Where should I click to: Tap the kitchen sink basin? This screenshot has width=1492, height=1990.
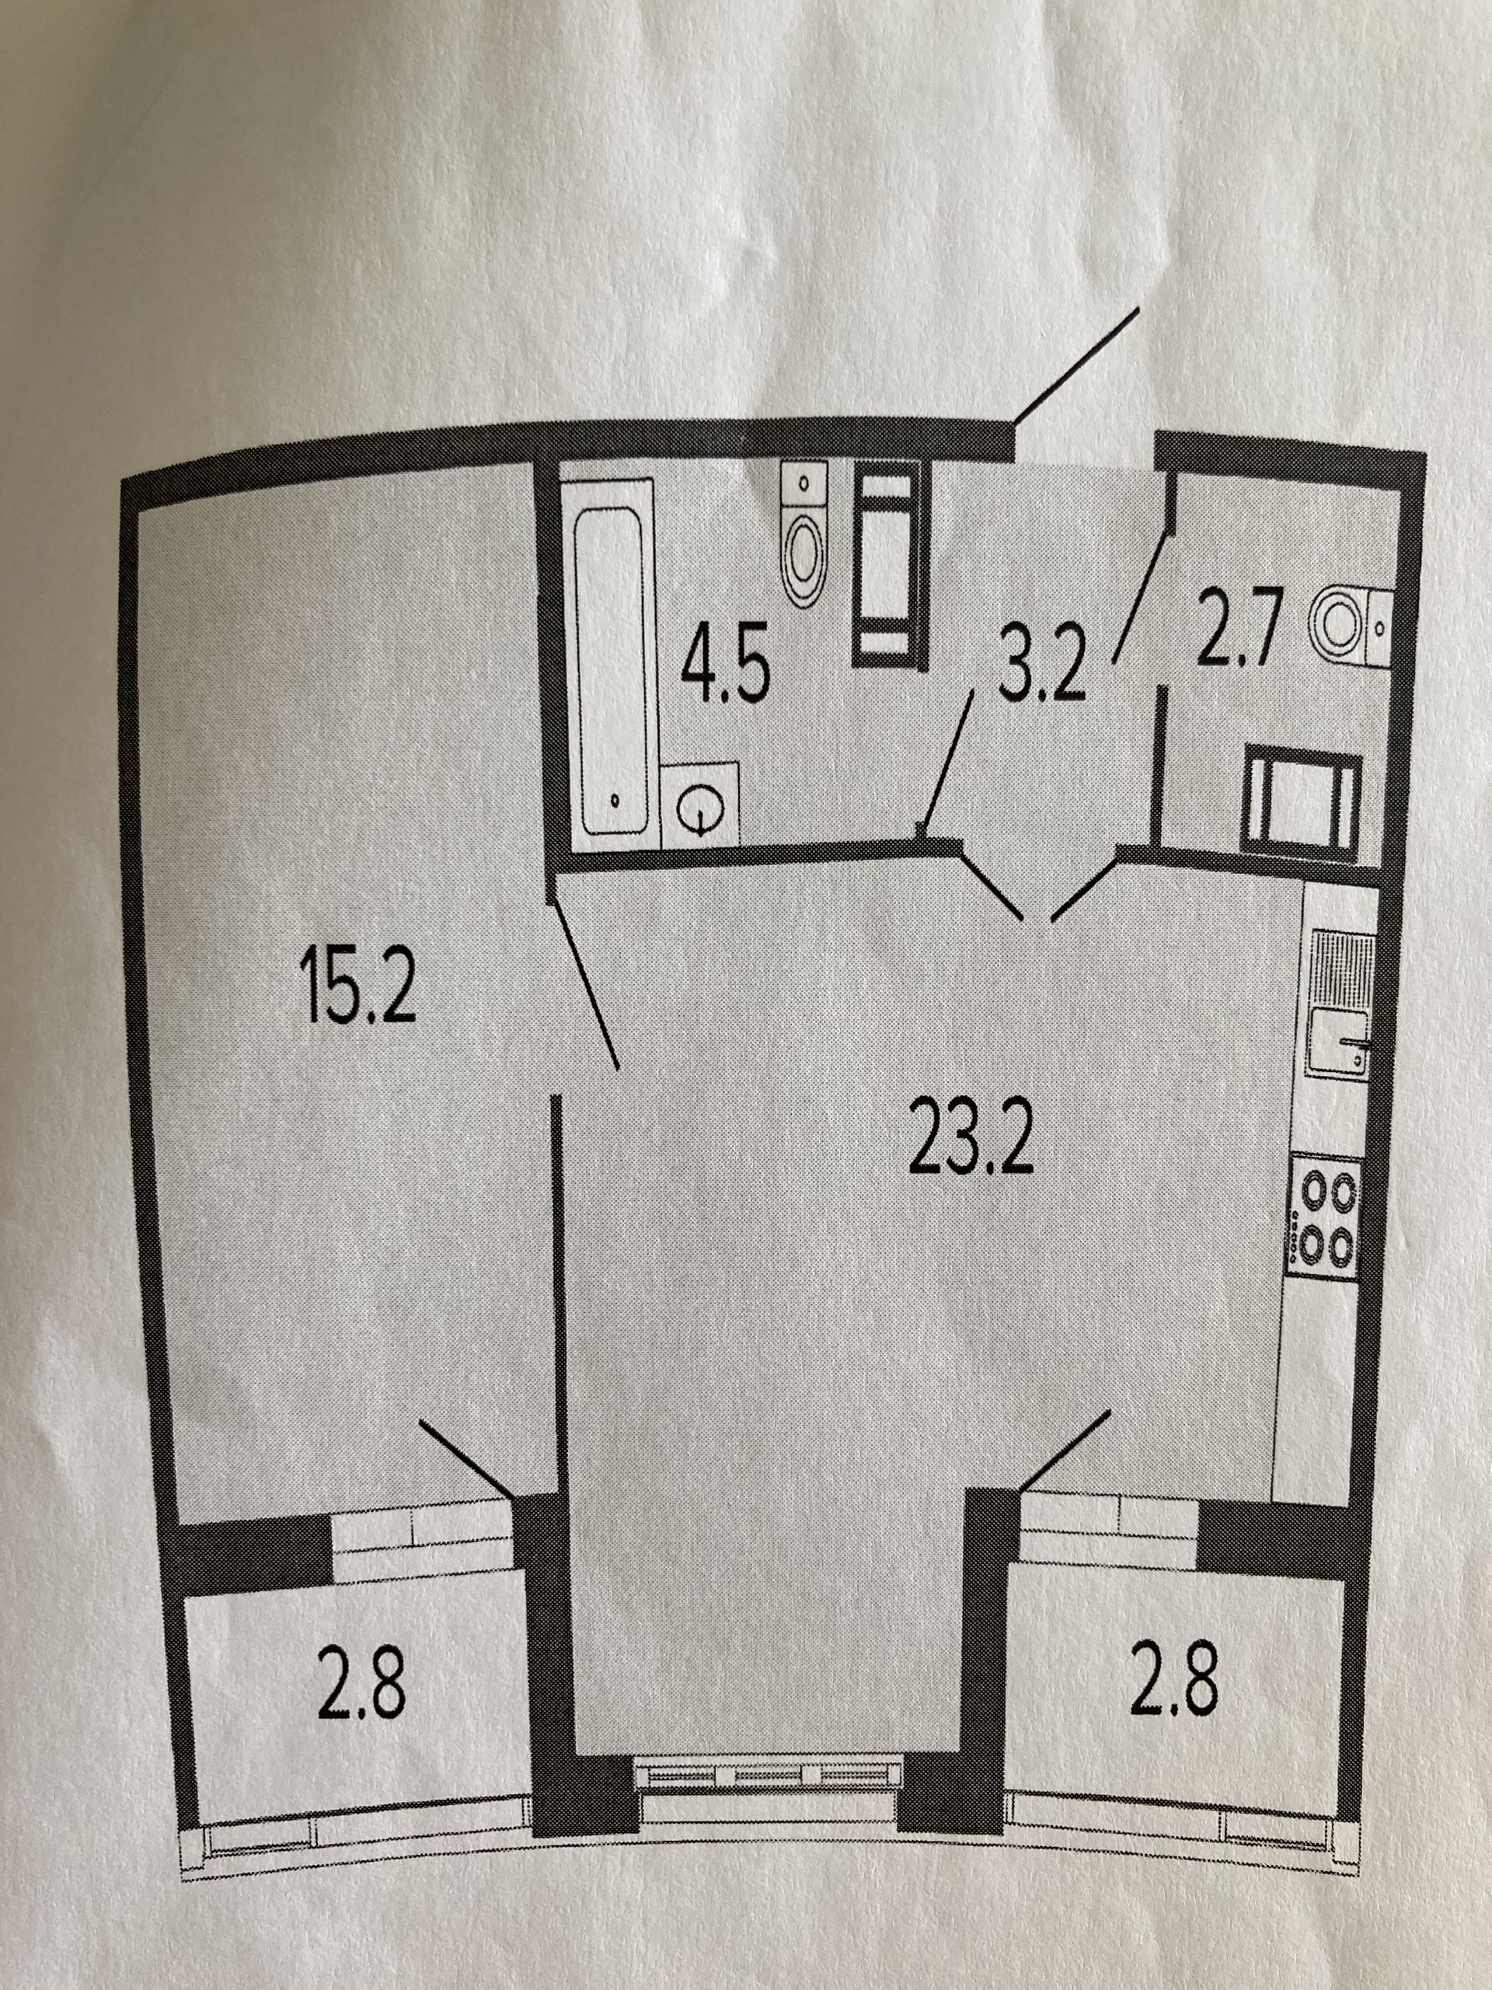click(1338, 1042)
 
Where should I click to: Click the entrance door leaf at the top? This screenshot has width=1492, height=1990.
click(1076, 378)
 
